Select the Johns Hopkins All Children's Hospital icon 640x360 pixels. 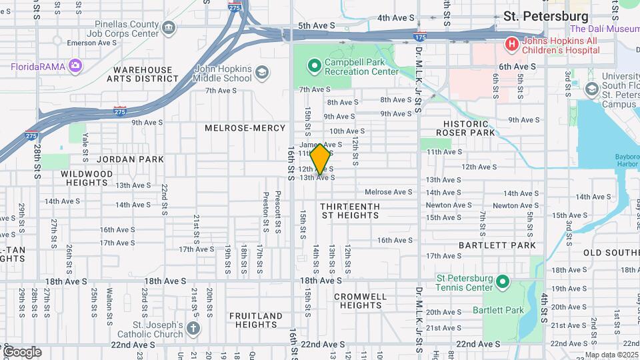click(x=511, y=44)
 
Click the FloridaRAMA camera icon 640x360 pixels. click(x=75, y=65)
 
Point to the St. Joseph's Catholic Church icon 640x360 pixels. click(x=193, y=327)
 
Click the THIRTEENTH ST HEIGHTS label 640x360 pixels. click(x=349, y=211)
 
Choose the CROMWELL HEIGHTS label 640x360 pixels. click(x=360, y=301)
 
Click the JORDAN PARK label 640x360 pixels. click(x=126, y=159)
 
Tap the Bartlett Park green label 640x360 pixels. click(x=498, y=310)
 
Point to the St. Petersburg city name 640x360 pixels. click(x=545, y=15)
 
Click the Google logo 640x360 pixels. click(x=21, y=351)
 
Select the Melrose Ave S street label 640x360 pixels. click(x=389, y=192)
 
